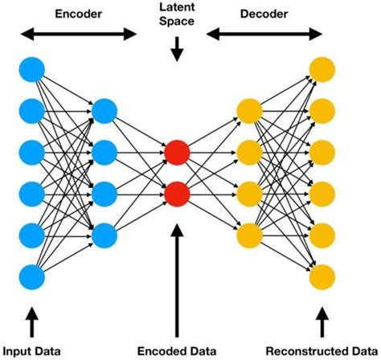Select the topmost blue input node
[31, 67]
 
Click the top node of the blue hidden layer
[104, 109]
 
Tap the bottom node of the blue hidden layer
[104, 235]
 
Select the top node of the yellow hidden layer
[248, 109]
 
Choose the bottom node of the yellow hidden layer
[248, 235]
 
